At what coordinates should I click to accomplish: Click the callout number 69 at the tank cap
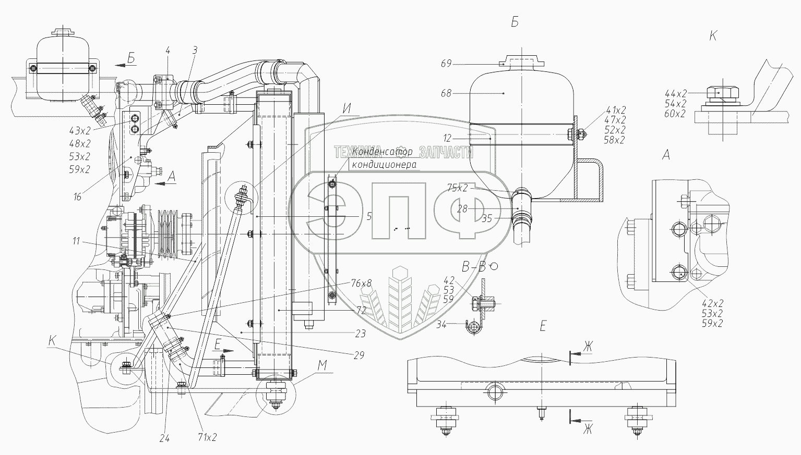[x=446, y=64]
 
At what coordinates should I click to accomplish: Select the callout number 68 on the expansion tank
[x=446, y=94]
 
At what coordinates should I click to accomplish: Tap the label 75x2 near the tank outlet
[x=458, y=188]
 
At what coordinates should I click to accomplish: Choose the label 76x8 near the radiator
[x=362, y=284]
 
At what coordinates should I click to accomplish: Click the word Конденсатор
[x=382, y=152]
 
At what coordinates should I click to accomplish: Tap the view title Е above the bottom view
[x=543, y=327]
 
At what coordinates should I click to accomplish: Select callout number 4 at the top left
[x=168, y=51]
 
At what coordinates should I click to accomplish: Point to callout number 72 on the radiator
[x=362, y=310]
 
